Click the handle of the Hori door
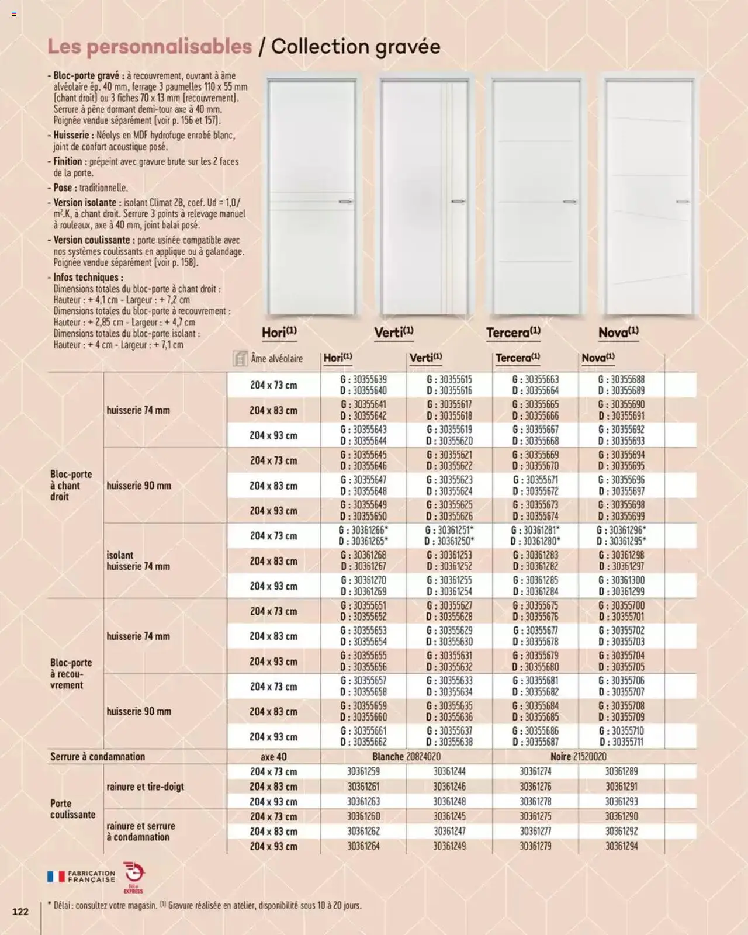pyautogui.click(x=345, y=201)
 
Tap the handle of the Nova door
pyautogui.click(x=682, y=202)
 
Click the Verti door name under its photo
pyautogui.click(x=393, y=333)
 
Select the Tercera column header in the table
pyautogui.click(x=518, y=358)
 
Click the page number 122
pyautogui.click(x=20, y=911)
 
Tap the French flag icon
pyautogui.click(x=56, y=877)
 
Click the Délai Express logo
pyautogui.click(x=133, y=876)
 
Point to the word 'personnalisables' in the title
pyautogui.click(x=150, y=47)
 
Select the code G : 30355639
pyautogui.click(x=363, y=379)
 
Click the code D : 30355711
pyautogui.click(x=621, y=742)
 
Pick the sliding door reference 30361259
pyautogui.click(x=363, y=771)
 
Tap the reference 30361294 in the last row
pyautogui.click(x=621, y=846)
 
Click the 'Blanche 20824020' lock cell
pyautogui.click(x=406, y=757)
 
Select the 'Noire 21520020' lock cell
pyautogui.click(x=578, y=757)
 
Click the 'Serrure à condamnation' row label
pyautogui.click(x=98, y=757)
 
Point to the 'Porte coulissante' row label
pyautogui.click(x=72, y=809)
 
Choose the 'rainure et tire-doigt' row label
pyautogui.click(x=145, y=787)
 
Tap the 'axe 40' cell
pyautogui.click(x=273, y=757)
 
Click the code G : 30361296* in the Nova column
pyautogui.click(x=621, y=530)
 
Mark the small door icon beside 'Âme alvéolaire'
pyautogui.click(x=240, y=359)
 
